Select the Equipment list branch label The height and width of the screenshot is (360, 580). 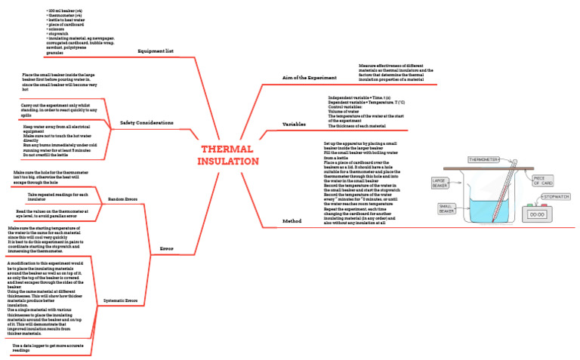[156, 51]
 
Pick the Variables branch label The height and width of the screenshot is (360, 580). [294, 122]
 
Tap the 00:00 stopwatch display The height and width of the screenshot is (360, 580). [538, 214]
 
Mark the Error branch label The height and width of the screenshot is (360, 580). [167, 248]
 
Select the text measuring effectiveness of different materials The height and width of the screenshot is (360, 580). [401, 73]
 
